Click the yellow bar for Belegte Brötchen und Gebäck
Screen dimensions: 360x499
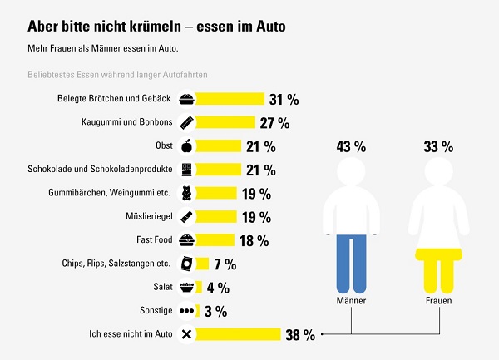pos(230,99)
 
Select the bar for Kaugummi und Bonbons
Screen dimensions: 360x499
pos(225,122)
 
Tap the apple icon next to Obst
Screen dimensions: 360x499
pos(186,146)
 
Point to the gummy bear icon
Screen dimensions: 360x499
pos(186,194)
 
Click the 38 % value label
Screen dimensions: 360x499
pos(299,335)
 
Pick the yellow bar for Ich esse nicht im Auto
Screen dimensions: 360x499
pos(238,335)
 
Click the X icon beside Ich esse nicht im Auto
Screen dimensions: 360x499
pos(186,335)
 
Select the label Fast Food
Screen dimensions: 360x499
pos(155,241)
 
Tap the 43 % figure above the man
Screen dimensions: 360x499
pos(350,147)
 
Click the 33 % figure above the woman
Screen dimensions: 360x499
pos(437,147)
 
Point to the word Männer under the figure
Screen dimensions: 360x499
pos(350,301)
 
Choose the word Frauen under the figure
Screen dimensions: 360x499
pos(437,301)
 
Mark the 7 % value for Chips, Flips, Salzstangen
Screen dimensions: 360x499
pos(225,264)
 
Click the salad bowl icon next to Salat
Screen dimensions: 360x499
pos(186,288)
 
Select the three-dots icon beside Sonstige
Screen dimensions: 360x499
pos(186,312)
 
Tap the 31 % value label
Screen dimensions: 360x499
pos(284,99)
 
